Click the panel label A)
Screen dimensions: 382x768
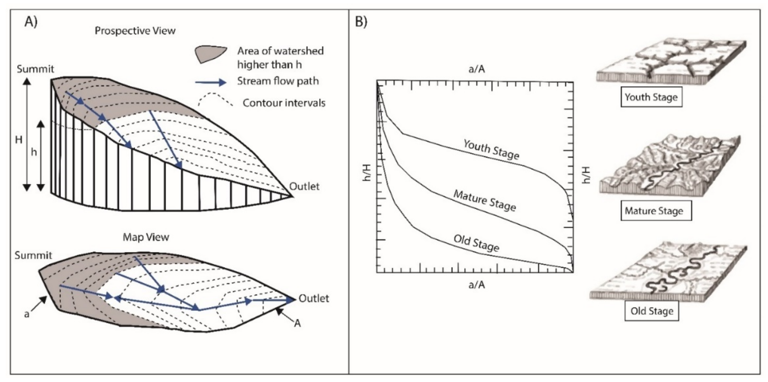[31, 22]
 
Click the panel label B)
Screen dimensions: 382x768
[361, 22]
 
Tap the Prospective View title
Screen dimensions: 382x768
[135, 31]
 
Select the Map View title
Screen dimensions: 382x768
[146, 237]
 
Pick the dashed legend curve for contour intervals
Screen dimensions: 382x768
[215, 100]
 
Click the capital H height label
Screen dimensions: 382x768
[18, 139]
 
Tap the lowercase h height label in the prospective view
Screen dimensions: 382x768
[34, 152]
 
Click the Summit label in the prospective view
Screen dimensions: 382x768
[35, 69]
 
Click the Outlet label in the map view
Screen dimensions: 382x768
[314, 298]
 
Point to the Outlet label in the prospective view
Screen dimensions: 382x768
[304, 187]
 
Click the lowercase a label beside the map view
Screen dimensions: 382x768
[27, 314]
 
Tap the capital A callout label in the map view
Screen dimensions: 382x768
[297, 323]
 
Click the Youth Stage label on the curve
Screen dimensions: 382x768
[491, 150]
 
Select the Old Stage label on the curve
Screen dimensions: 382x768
[476, 243]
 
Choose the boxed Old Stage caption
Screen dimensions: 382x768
[652, 311]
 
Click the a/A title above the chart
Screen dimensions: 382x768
[476, 69]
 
